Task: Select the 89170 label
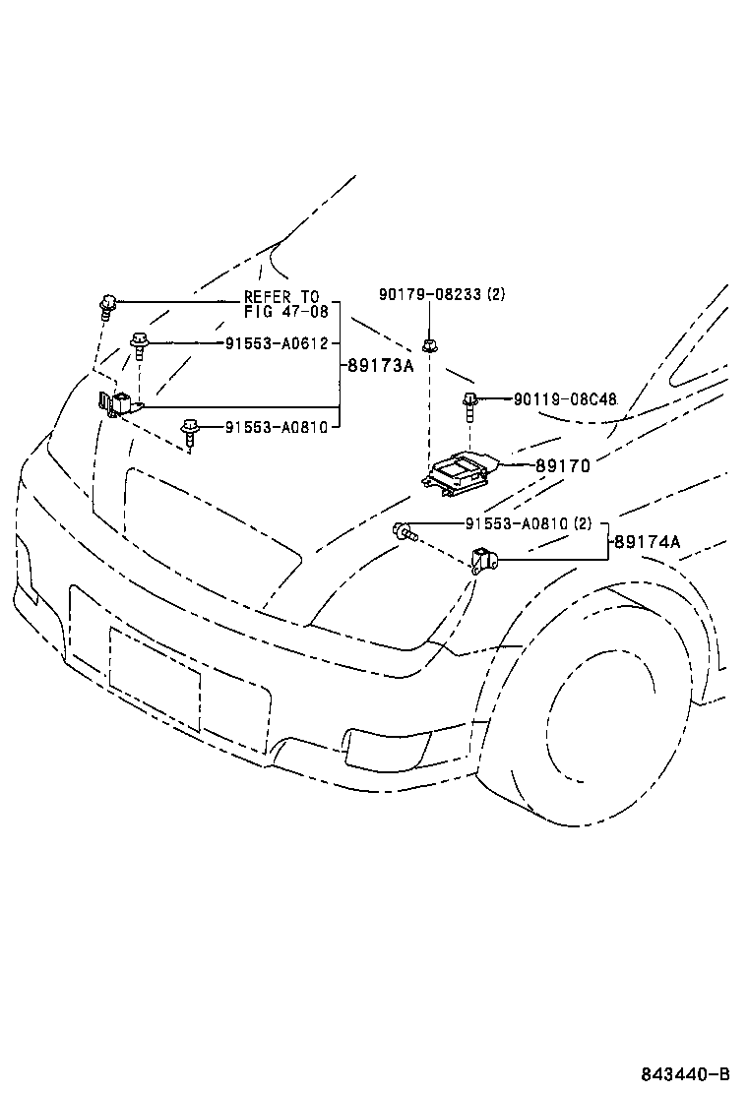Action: (563, 465)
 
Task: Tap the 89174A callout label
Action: (648, 541)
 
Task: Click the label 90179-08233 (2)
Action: (442, 293)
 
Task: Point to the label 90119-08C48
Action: (565, 399)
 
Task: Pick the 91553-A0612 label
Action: (276, 343)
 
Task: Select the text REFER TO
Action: (281, 297)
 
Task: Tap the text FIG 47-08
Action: (281, 312)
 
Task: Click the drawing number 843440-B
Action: (685, 1073)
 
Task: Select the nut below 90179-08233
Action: (429, 345)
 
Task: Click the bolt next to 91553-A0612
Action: (140, 344)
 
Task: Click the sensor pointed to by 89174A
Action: (484, 561)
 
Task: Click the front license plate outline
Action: (155, 679)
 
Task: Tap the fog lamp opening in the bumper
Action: (379, 750)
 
